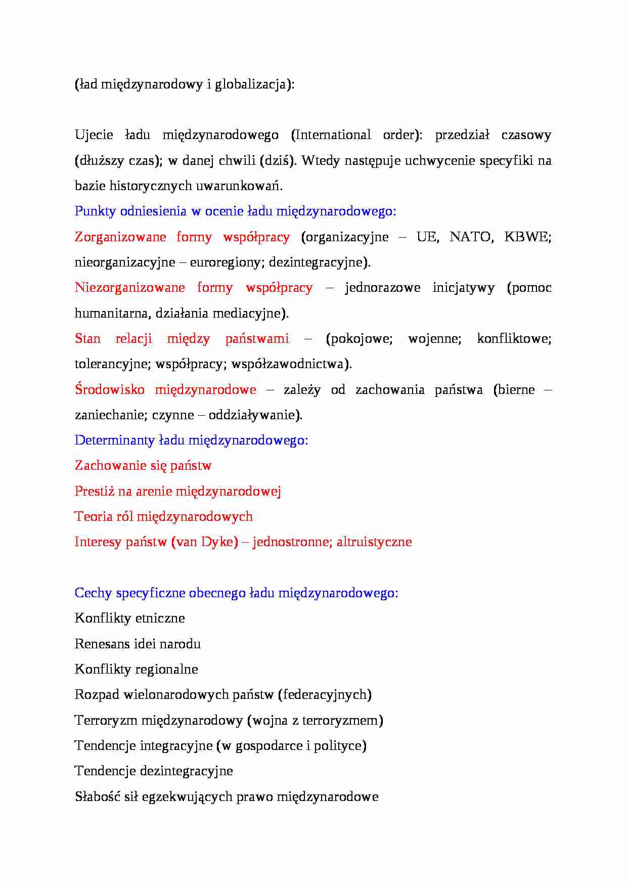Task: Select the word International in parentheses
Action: pos(333,135)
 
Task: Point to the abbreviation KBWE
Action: pos(527,237)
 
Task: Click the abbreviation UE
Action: pos(427,237)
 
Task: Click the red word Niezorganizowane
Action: pos(129,288)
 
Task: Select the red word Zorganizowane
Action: pos(120,237)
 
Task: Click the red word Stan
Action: pos(87,338)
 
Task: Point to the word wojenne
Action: pos(434,338)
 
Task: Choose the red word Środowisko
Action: pos(109,389)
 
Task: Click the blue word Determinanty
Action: pos(114,440)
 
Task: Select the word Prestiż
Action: pos(95,491)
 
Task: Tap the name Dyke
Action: pos(219,542)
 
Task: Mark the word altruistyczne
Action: pos(374,542)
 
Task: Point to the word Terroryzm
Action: pos(105,720)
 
